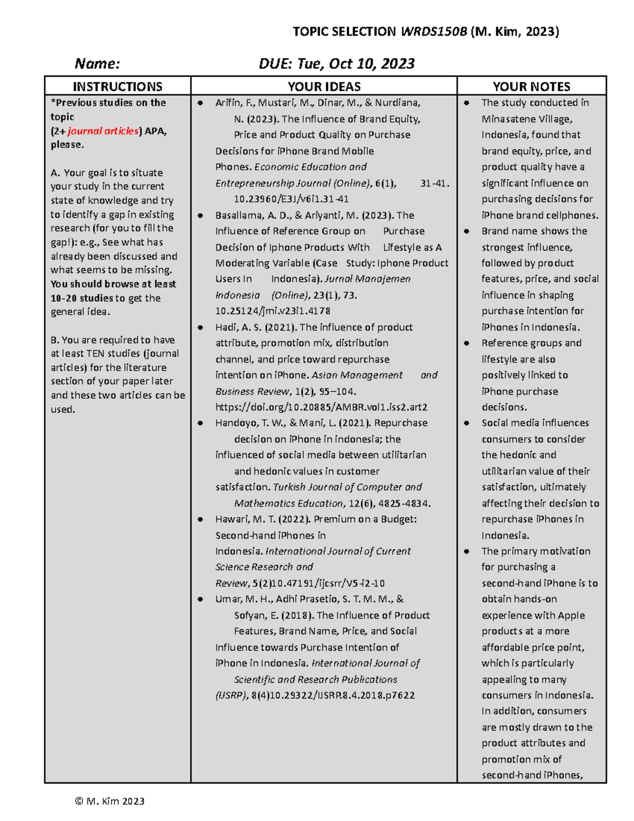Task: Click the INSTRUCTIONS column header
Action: coord(117,87)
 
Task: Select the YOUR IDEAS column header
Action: coord(324,87)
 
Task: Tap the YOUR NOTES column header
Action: coord(531,87)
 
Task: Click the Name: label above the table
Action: coord(97,64)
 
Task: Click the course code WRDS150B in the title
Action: coord(434,32)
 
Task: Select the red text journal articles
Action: coord(103,131)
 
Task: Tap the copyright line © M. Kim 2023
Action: coord(110,801)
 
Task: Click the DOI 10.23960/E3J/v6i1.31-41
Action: coord(291,199)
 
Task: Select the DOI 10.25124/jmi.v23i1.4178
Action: coord(273,311)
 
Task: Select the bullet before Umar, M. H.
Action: coord(201,599)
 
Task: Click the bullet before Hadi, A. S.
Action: coord(201,327)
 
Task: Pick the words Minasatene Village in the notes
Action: coord(526,119)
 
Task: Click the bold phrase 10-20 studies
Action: coord(82,298)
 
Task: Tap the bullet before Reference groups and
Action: coord(467,343)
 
